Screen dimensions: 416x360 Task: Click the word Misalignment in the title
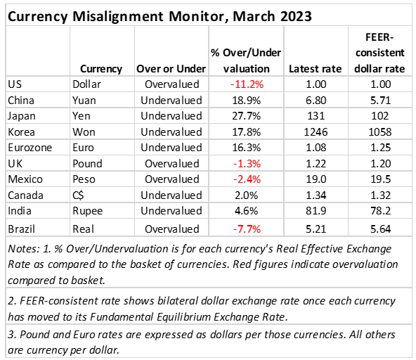(x=118, y=17)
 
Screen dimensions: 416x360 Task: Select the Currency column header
(x=101, y=69)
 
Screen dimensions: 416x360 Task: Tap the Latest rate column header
(x=316, y=69)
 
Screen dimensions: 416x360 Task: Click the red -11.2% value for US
(x=247, y=84)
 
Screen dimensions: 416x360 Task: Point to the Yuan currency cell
(x=84, y=101)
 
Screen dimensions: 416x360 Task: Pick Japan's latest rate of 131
(x=316, y=116)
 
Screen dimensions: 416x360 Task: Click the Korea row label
(x=21, y=132)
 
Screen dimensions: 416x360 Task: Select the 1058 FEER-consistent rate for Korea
(x=380, y=132)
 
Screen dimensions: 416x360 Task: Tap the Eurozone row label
(x=30, y=148)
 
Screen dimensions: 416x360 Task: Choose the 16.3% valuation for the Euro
(x=247, y=148)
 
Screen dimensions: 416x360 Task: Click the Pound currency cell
(x=87, y=164)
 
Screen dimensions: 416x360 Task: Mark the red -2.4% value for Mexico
(x=247, y=179)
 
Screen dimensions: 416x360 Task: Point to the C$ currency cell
(x=78, y=195)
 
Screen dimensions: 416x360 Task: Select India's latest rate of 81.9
(x=316, y=211)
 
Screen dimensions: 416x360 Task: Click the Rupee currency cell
(x=88, y=211)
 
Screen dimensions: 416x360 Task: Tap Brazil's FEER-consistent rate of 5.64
(x=380, y=229)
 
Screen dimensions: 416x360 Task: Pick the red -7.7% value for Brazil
(x=247, y=229)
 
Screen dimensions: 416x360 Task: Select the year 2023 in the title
(x=296, y=17)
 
